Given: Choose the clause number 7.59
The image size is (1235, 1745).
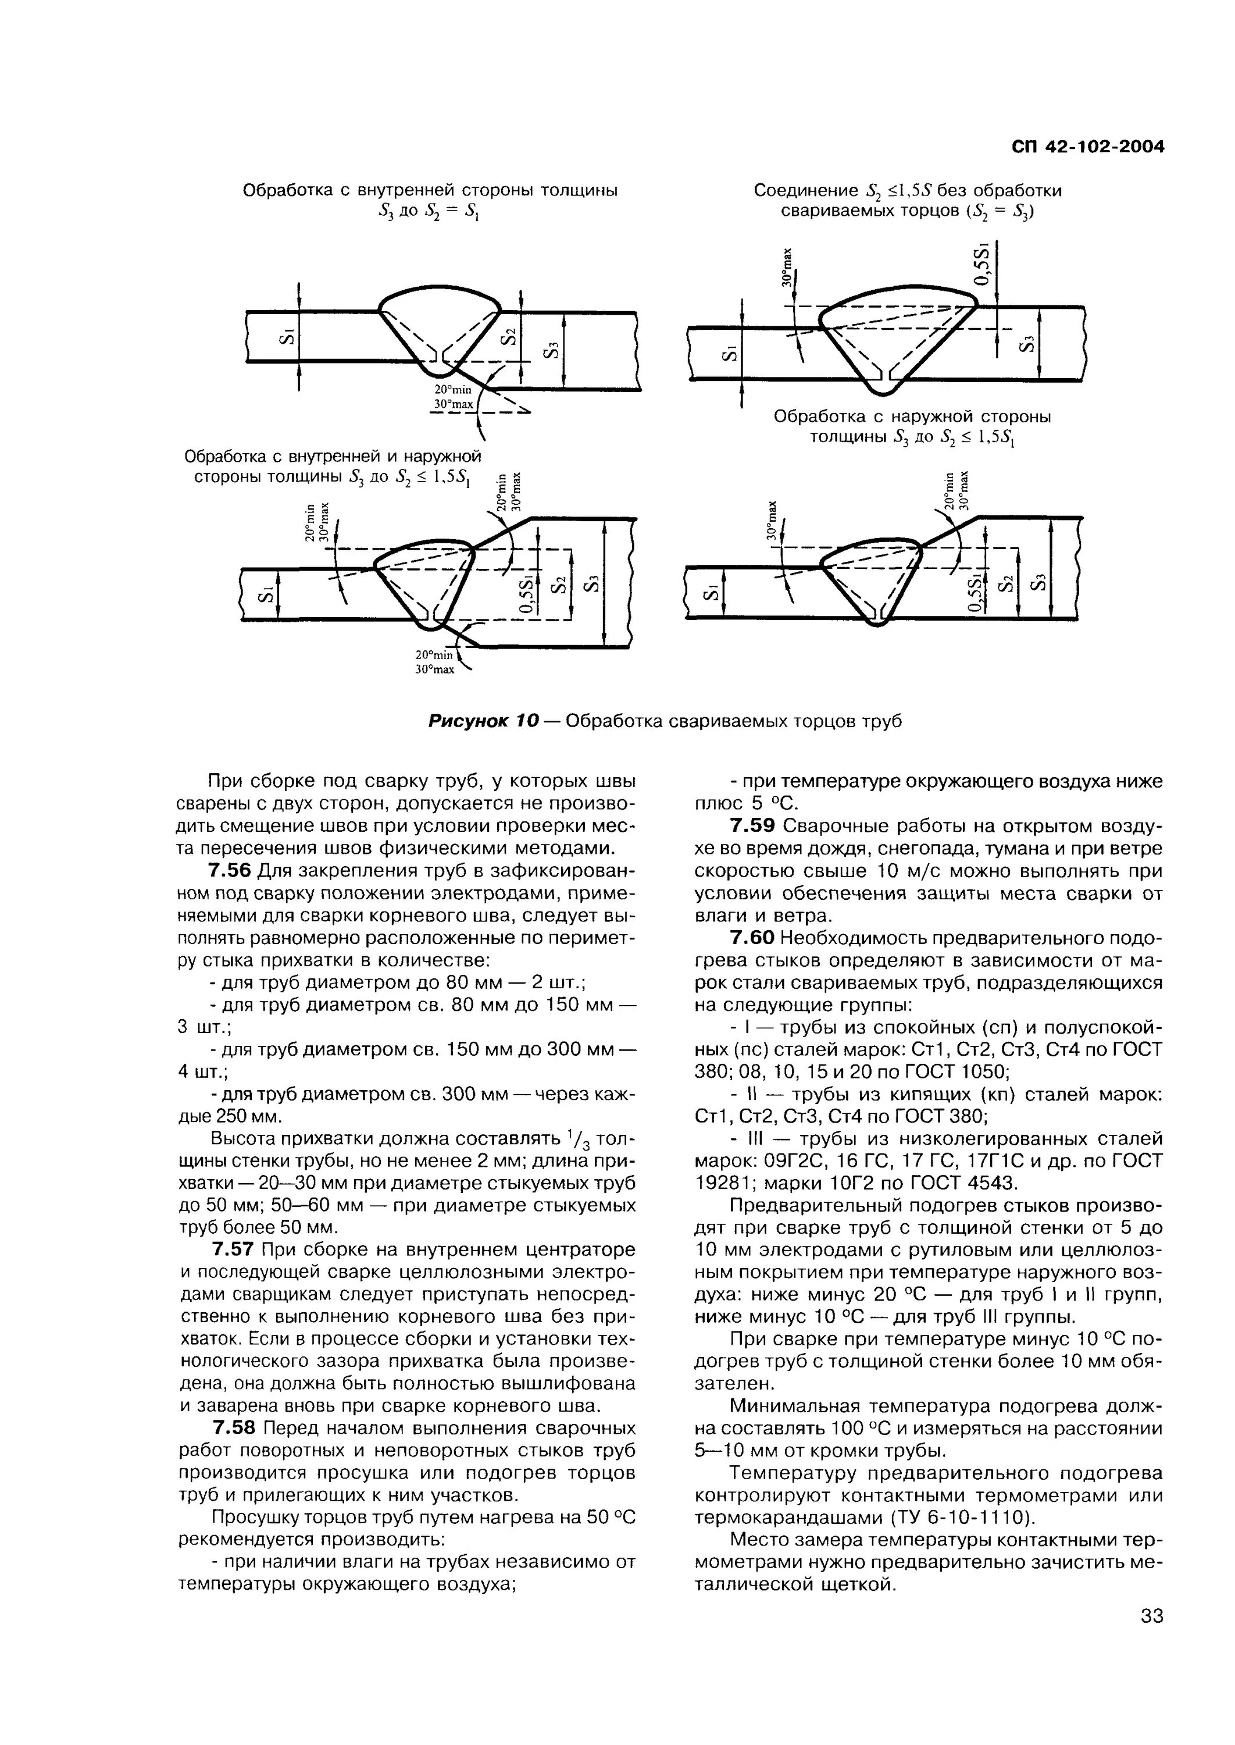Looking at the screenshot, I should point(752,826).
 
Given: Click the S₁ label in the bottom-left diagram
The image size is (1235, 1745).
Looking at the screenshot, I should point(265,594).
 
